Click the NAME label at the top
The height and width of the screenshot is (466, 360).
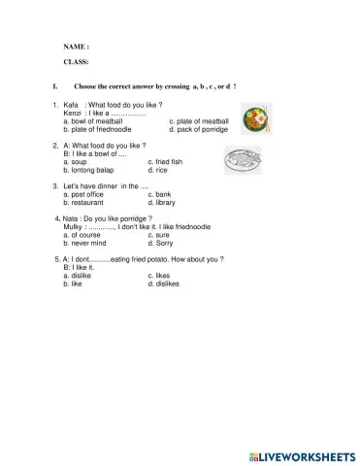(x=76, y=46)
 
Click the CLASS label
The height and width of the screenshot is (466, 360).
(x=76, y=61)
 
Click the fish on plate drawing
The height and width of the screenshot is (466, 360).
(x=244, y=158)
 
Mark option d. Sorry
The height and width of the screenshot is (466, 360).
(x=161, y=243)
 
